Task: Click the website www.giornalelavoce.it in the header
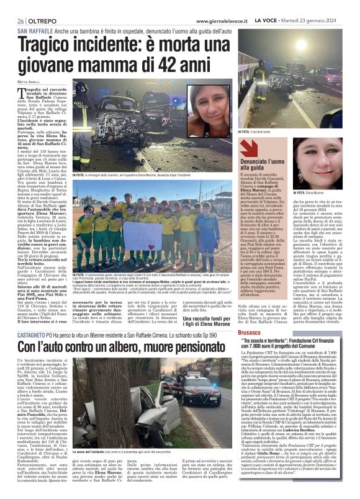click(x=220, y=21)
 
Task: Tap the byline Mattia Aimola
click(x=28, y=81)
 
